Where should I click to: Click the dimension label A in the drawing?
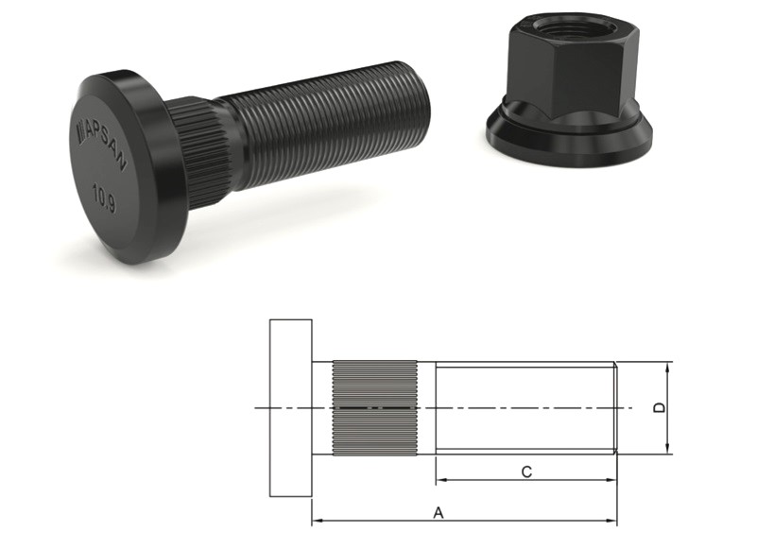pyautogui.click(x=439, y=513)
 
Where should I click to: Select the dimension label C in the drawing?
pyautogui.click(x=526, y=472)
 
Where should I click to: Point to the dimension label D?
pyautogui.click(x=660, y=408)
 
